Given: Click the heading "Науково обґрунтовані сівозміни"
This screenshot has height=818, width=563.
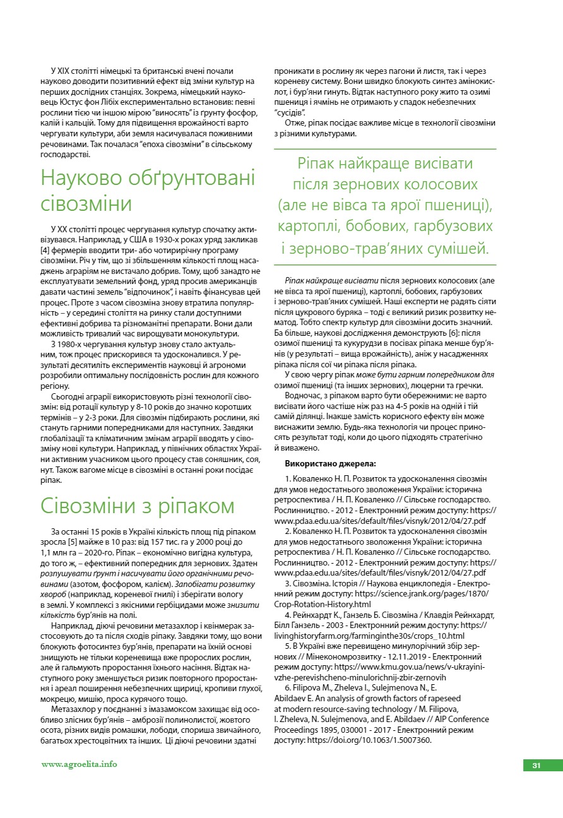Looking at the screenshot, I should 148,191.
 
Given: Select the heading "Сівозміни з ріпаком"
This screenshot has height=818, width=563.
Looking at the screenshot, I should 137,506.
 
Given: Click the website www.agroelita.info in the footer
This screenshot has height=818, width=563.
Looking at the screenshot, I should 80,764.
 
